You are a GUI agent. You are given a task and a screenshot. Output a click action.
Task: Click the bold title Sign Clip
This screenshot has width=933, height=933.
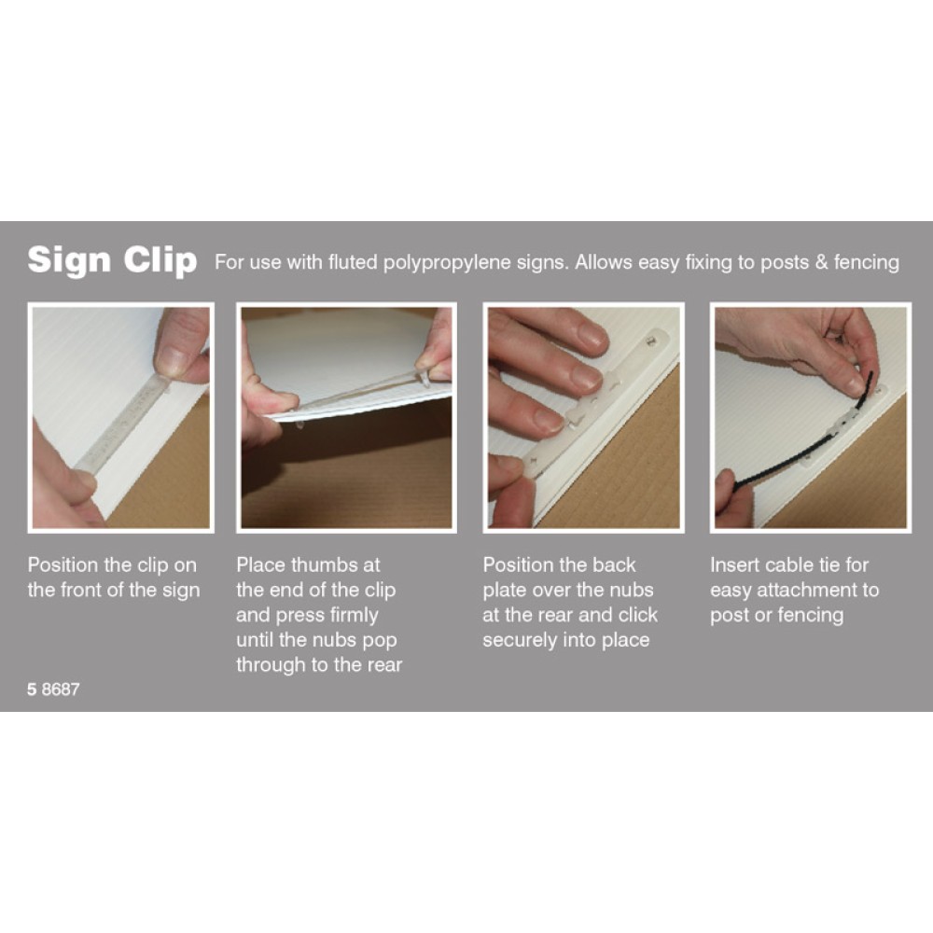(x=112, y=260)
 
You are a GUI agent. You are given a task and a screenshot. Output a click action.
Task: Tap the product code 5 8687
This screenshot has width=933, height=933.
(x=53, y=689)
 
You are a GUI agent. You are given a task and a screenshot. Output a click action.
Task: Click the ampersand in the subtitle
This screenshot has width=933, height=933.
(x=821, y=262)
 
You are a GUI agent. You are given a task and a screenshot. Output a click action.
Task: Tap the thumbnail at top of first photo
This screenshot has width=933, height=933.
(x=173, y=360)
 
